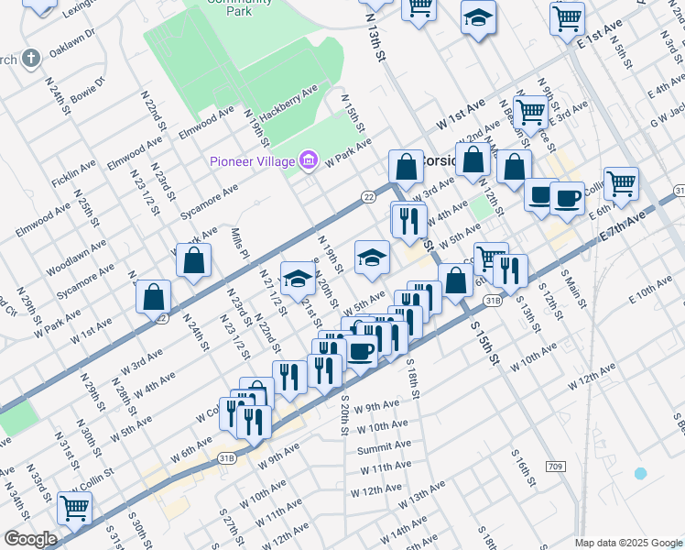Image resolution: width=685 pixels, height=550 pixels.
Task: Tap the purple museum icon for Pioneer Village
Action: [309, 161]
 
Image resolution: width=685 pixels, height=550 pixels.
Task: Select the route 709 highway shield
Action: [555, 467]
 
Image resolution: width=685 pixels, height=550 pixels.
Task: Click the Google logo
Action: [30, 539]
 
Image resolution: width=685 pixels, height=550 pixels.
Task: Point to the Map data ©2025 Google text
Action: [628, 543]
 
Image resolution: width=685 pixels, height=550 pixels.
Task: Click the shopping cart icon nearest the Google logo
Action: [74, 506]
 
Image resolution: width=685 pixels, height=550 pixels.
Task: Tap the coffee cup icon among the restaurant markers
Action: [361, 352]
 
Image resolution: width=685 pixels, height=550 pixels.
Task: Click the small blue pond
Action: [640, 473]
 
